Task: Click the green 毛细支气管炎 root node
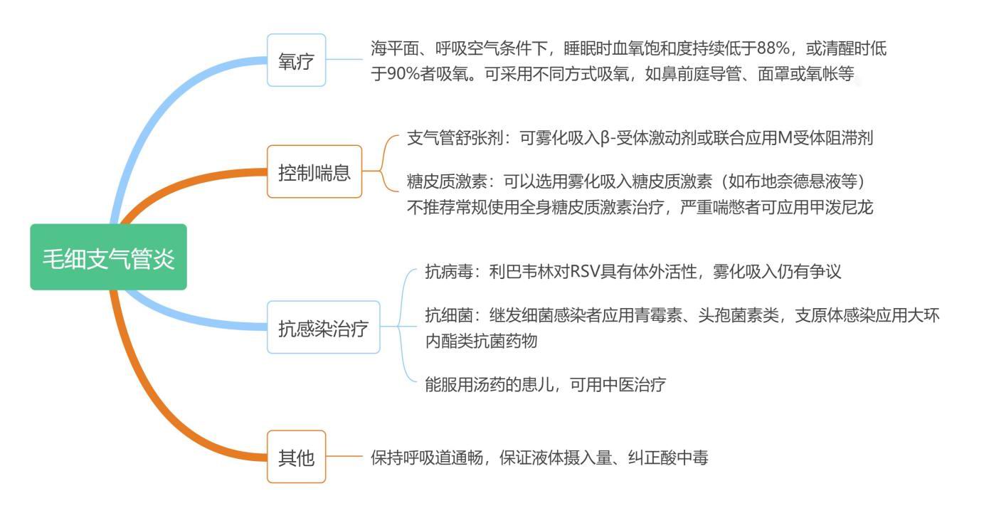108,257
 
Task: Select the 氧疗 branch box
296,60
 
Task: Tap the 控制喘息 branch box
314,171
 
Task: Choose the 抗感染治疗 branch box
324,327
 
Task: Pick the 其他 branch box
296,457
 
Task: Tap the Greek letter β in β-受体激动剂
605,138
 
